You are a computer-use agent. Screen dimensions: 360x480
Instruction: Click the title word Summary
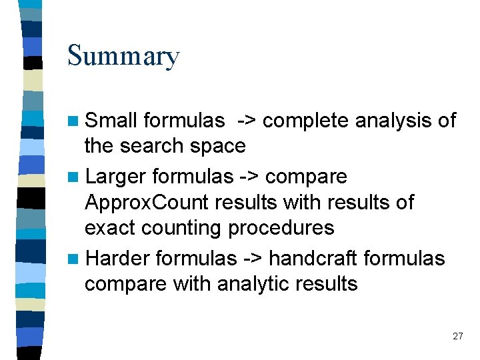pos(123,56)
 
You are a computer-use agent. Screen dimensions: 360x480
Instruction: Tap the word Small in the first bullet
pos(111,121)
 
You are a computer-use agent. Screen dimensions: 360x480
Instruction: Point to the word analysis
pos(394,121)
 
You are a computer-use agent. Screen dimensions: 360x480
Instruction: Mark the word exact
pos(110,227)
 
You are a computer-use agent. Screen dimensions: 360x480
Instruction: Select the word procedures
pos(281,227)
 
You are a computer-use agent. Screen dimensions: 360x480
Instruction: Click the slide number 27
pos(457,336)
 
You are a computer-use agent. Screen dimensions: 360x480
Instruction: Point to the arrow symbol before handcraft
pos(253,259)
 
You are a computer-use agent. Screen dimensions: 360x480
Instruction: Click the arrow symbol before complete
pos(246,121)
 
